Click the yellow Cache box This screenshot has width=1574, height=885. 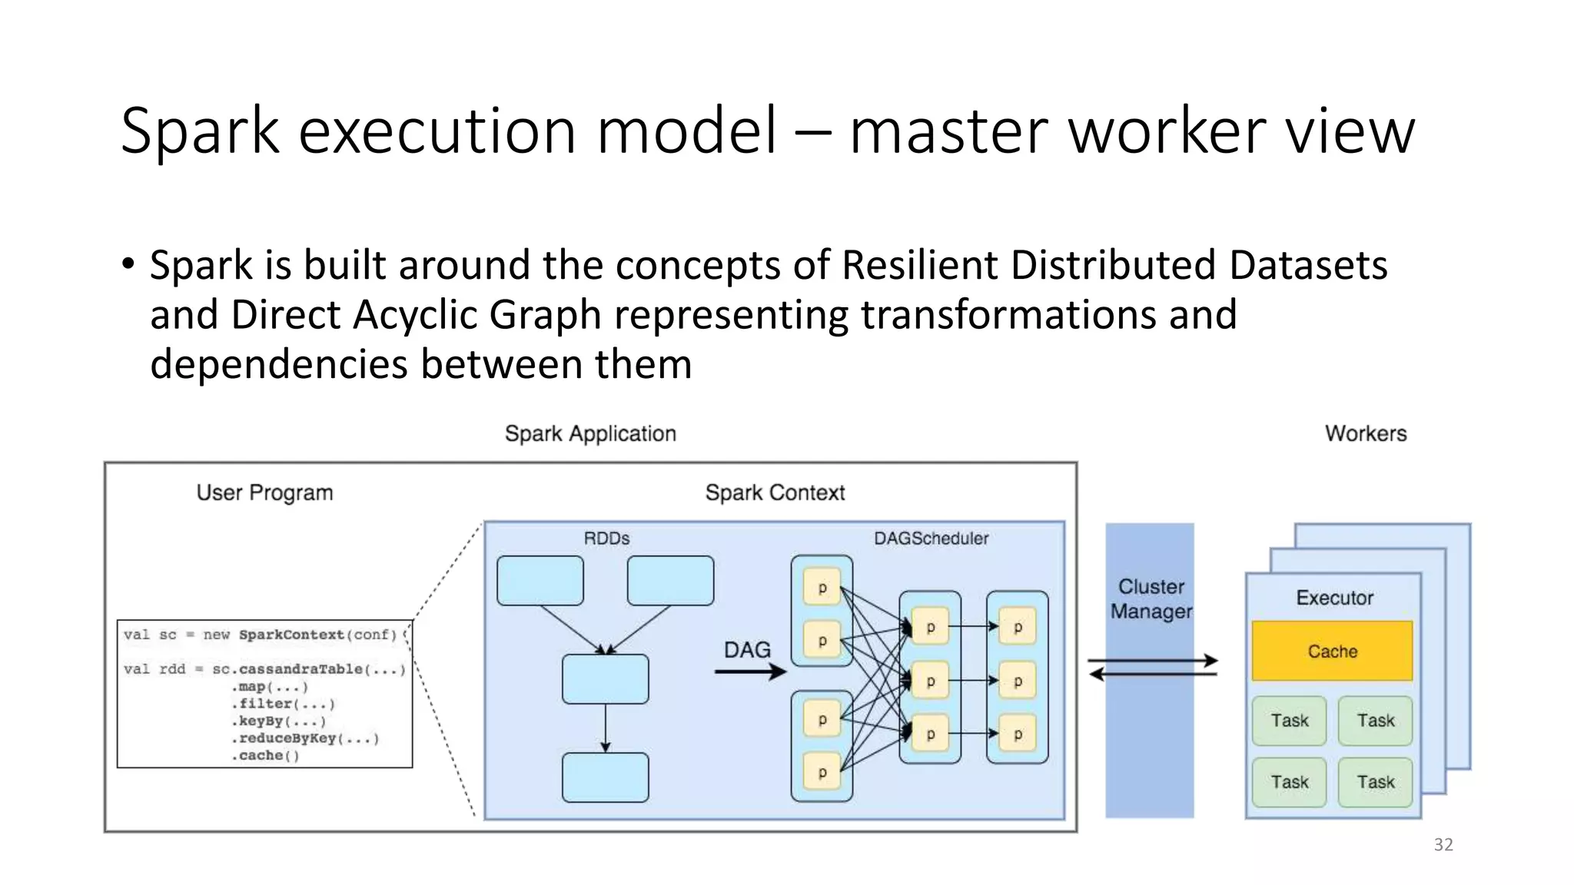1332,651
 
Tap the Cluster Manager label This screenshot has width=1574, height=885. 1151,599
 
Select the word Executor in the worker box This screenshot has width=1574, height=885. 1334,598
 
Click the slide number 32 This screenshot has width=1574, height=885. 1443,844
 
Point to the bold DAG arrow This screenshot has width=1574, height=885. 749,672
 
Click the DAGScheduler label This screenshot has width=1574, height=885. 931,539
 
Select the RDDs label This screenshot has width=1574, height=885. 606,539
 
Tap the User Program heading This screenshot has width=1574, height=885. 264,492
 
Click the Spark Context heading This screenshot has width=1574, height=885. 775,492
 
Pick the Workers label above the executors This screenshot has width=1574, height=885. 1366,433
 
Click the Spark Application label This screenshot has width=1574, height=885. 590,433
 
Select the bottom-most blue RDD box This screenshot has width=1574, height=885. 605,777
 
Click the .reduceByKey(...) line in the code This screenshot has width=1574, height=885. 306,738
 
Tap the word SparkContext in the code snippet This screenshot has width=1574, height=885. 291,635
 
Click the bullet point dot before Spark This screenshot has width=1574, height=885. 128,264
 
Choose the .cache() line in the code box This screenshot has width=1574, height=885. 265,756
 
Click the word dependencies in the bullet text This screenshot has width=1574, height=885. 278,364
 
